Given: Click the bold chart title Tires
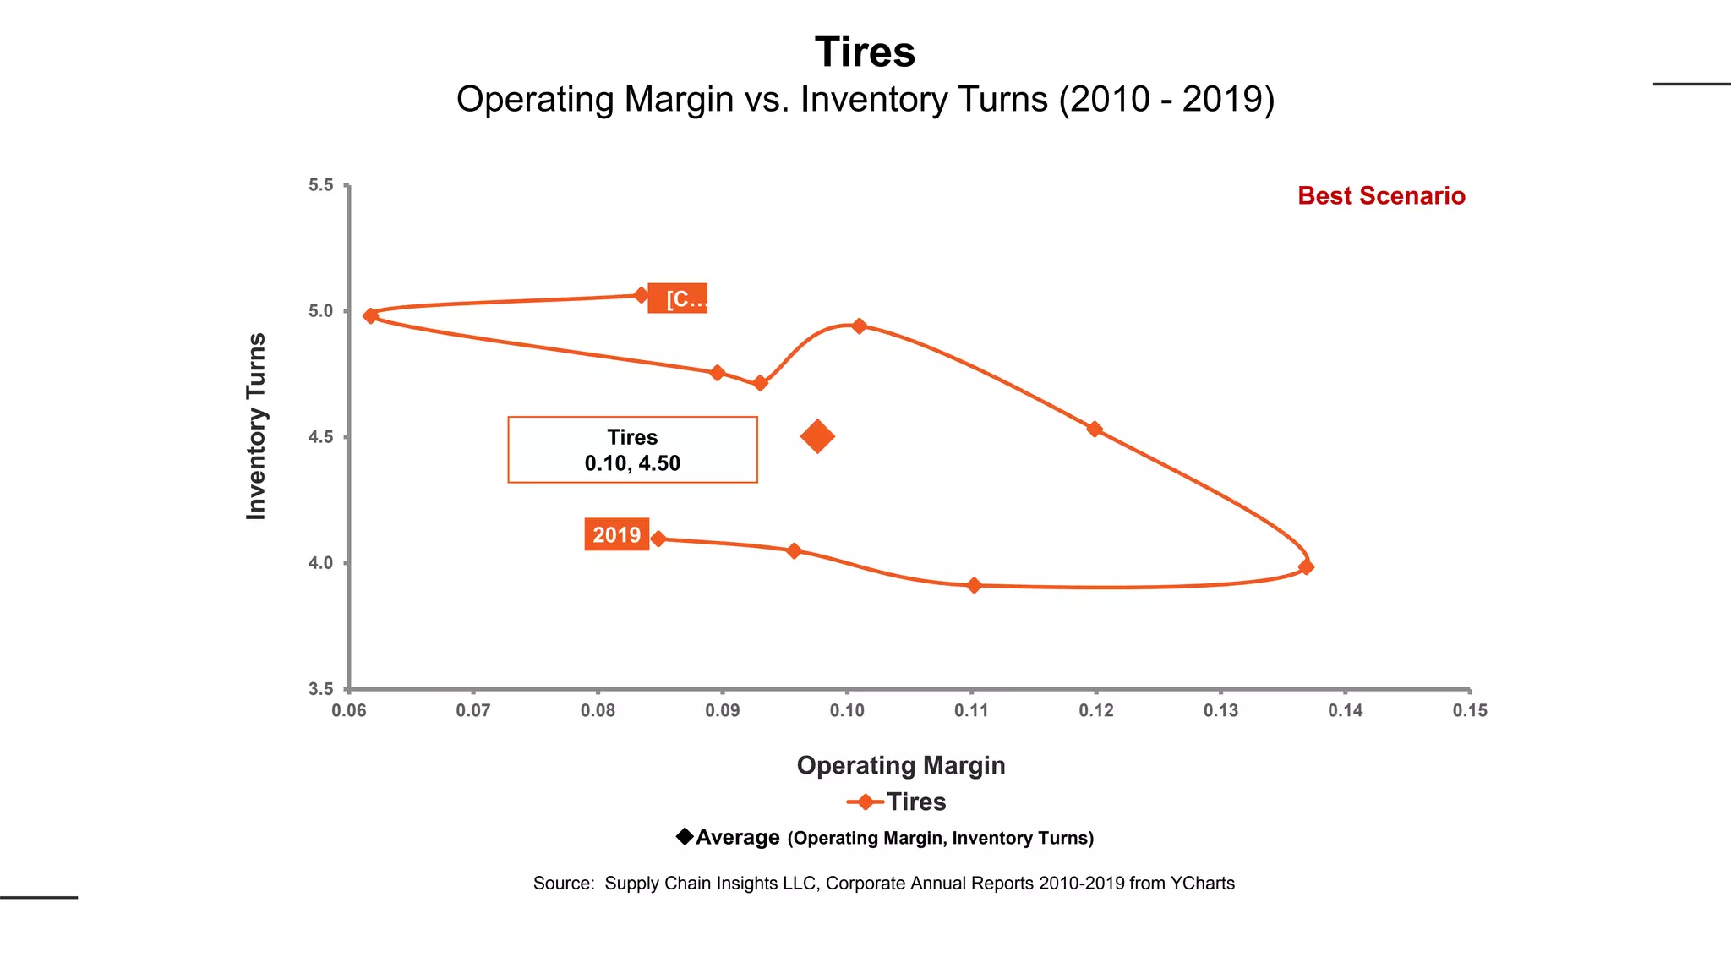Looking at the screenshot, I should click(865, 52).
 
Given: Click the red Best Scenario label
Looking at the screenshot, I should click(1381, 196).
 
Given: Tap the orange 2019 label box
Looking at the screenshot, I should click(616, 534).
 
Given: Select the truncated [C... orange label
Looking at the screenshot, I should click(678, 298).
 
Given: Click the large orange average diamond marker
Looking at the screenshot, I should click(817, 436).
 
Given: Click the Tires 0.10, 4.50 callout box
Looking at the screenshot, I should click(632, 450).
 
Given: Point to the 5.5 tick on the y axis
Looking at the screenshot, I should click(321, 185).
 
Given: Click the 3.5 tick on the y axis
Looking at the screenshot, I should click(321, 689).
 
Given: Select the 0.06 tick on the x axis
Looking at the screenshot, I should click(348, 711).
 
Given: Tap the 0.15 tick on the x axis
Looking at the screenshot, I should click(1469, 711).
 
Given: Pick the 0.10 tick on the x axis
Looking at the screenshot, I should click(847, 711).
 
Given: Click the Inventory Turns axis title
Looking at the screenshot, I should click(256, 426).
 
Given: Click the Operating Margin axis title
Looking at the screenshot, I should click(901, 765).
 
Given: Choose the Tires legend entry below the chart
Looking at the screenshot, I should click(915, 802).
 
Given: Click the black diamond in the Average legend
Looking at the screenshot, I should click(685, 836).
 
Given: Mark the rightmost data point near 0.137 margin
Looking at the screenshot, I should click(1306, 566).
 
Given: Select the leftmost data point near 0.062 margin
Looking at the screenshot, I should click(370, 315).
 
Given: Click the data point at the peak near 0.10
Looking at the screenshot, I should click(859, 326).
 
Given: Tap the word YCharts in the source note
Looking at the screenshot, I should click(1202, 884).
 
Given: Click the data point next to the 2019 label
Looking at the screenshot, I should click(659, 539).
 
